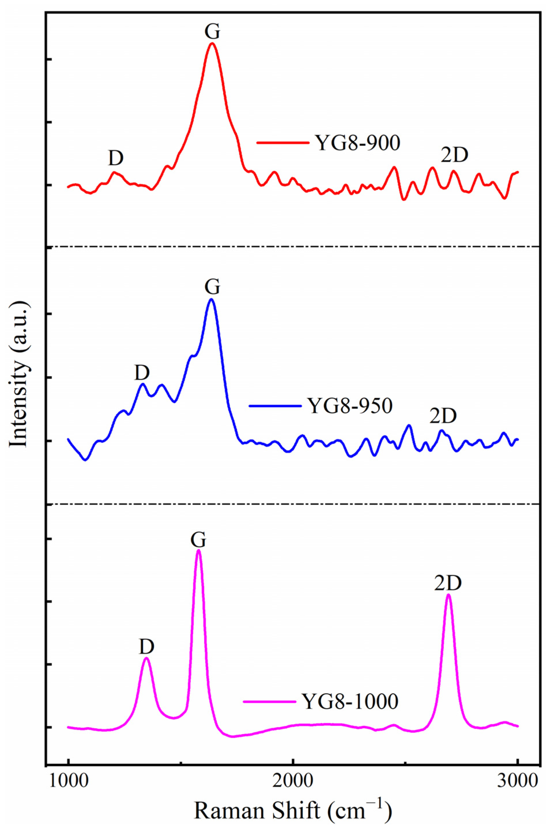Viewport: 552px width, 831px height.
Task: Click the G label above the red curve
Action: click(x=212, y=31)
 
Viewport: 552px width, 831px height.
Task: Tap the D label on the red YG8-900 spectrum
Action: click(x=116, y=158)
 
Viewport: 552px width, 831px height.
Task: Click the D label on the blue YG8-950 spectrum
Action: click(x=142, y=373)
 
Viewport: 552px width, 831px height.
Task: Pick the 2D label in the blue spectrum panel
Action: click(x=443, y=416)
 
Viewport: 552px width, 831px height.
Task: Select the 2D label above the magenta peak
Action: click(x=448, y=583)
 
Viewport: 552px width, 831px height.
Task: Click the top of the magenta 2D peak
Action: click(x=448, y=594)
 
